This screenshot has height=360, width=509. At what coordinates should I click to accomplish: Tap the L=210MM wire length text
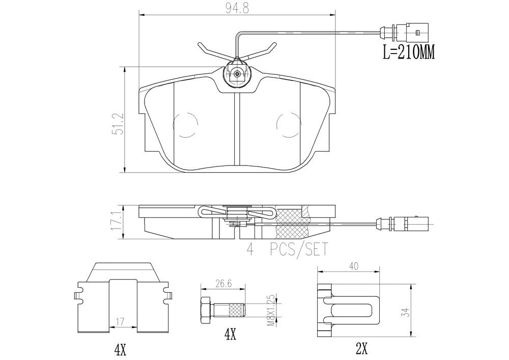(x=408, y=52)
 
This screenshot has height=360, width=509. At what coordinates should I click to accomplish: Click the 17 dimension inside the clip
(x=120, y=322)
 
